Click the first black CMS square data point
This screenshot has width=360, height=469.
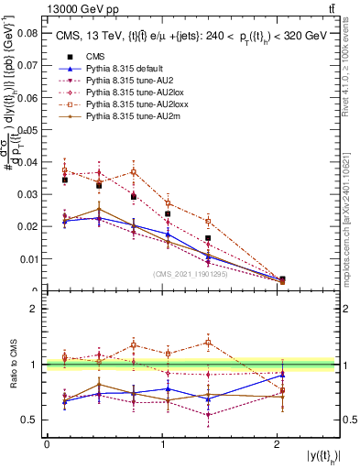[65, 180]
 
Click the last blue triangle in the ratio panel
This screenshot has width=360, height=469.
[282, 375]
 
